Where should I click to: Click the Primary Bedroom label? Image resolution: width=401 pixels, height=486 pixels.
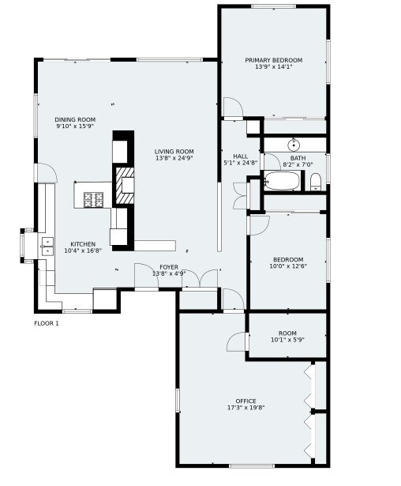click(274, 60)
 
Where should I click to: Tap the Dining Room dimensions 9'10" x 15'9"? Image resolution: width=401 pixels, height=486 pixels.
click(75, 126)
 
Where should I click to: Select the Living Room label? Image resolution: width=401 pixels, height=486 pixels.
click(174, 152)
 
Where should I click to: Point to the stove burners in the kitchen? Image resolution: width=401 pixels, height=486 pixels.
click(93, 200)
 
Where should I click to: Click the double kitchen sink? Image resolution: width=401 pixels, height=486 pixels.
click(47, 247)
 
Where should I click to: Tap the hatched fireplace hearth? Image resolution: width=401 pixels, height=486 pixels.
click(125, 186)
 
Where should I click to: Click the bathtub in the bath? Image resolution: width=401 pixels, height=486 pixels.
click(282, 181)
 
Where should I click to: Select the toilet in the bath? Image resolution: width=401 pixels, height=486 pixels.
click(316, 182)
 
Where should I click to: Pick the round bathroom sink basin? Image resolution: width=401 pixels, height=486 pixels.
click(293, 145)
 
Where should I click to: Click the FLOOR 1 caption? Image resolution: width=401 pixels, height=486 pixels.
click(47, 323)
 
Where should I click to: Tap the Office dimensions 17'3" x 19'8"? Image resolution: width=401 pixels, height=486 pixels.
click(245, 408)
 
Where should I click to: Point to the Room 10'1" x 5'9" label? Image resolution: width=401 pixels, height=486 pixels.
click(287, 337)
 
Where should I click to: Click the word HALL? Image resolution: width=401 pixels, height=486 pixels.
click(241, 156)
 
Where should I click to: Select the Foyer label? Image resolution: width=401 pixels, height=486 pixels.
click(169, 267)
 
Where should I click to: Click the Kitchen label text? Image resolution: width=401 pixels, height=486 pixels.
click(83, 244)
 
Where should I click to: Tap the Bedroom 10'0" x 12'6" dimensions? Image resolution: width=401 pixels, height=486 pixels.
click(288, 266)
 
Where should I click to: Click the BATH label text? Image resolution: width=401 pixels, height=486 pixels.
click(298, 158)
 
